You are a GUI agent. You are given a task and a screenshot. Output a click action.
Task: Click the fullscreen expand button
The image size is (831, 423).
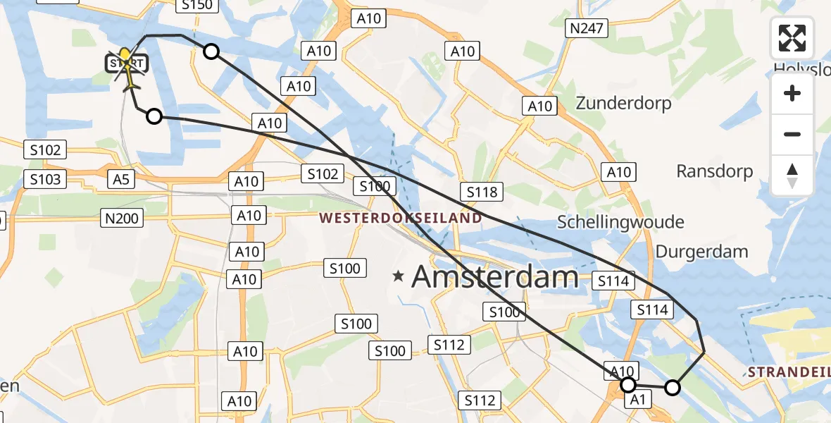click(x=792, y=38)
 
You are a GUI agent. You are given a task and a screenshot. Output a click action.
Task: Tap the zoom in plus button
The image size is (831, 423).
click(x=792, y=94)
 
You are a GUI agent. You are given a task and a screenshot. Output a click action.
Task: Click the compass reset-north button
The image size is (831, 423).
click(x=792, y=175)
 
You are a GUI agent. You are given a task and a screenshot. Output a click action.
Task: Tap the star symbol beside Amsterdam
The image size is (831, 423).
click(x=399, y=276)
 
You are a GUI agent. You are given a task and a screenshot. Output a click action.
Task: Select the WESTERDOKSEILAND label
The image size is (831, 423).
click(x=401, y=218)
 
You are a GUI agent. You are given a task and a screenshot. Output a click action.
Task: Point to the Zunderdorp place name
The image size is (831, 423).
click(x=623, y=103)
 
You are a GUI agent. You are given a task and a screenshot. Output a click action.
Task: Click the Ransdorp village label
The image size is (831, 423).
click(x=714, y=171)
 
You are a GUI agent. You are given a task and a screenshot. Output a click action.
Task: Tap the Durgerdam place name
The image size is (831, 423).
click(x=701, y=252)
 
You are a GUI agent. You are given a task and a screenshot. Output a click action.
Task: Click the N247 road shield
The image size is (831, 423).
click(x=584, y=28)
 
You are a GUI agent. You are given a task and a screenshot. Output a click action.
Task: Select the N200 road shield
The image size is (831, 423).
click(x=121, y=219)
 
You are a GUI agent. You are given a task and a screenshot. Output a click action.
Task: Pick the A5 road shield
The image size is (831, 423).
click(x=121, y=180)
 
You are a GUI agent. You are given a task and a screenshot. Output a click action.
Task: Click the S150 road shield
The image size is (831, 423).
click(x=196, y=6)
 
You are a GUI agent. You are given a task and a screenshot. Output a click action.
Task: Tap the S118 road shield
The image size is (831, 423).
click(x=482, y=191)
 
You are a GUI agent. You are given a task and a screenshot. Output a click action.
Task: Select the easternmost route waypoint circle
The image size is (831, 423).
click(x=673, y=387)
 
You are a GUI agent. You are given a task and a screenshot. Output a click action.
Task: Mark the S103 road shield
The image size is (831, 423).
click(x=46, y=180)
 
